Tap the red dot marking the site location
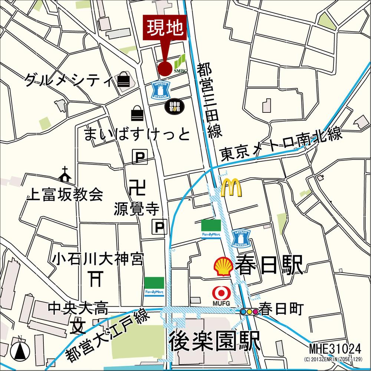coord(164,68)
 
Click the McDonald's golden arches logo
coord(231,188)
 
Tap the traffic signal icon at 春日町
coord(249,312)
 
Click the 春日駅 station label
coord(269,265)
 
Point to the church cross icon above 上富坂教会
coord(65,174)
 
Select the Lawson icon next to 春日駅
coord(242,239)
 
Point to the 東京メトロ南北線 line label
coord(280,145)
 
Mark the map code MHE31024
coord(335,349)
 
